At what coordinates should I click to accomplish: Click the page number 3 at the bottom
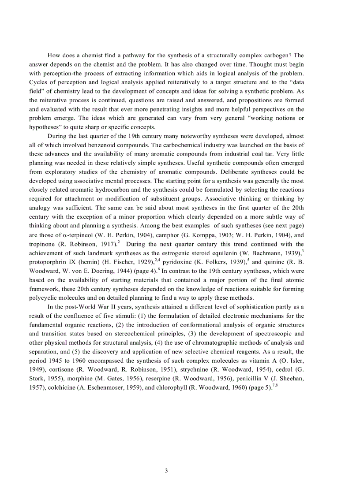click(166, 470)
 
